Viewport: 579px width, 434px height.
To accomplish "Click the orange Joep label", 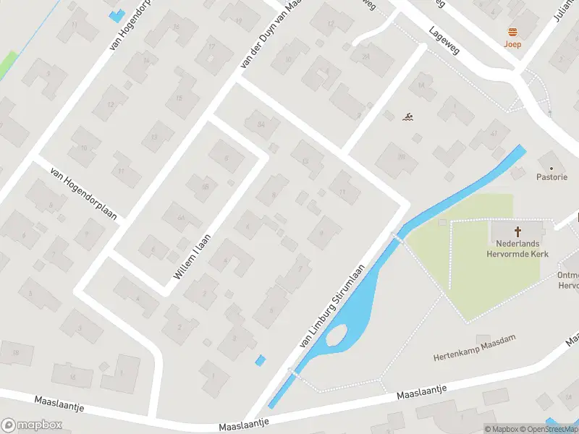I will click(x=512, y=43).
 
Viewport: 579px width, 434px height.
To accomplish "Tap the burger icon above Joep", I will click(x=512, y=31).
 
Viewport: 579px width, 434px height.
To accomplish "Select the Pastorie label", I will click(x=551, y=176).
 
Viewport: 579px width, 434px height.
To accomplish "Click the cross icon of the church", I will click(x=517, y=231).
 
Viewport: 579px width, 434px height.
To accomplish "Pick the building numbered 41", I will click(x=494, y=133).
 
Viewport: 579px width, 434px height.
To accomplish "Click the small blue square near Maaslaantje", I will click(x=261, y=360).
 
